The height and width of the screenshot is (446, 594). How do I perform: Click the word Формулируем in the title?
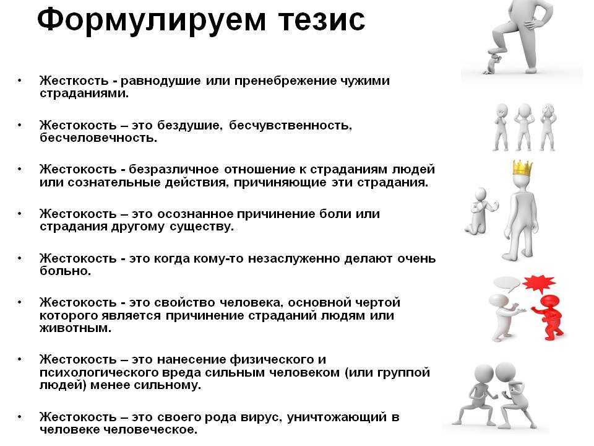[x=152, y=21]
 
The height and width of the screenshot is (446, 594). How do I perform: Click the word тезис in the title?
[x=322, y=21]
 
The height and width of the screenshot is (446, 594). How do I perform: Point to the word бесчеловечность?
[x=98, y=138]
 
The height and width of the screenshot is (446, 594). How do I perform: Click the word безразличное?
[x=173, y=169]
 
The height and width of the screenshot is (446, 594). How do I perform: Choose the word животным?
[x=75, y=328]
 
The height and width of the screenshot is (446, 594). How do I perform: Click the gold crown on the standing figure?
[x=523, y=168]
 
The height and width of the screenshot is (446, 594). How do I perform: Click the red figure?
[x=549, y=317]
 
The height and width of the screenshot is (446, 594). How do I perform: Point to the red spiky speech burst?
[x=538, y=283]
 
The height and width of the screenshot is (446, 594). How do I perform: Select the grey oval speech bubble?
[x=507, y=284]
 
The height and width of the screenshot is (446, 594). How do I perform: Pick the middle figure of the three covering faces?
[x=524, y=126]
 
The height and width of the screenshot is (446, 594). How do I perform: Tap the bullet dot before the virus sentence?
[x=19, y=417]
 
